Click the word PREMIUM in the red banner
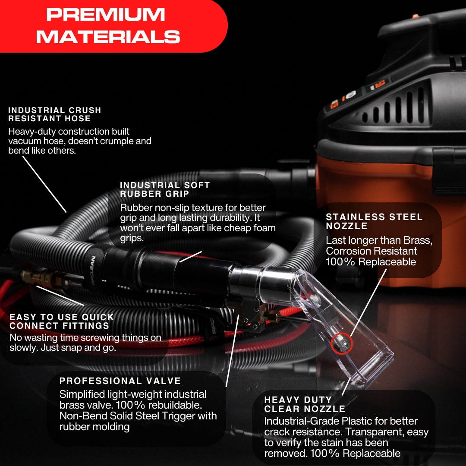(106, 14)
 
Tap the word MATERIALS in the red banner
(108, 37)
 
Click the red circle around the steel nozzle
(342, 343)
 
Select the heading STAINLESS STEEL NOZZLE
(374, 221)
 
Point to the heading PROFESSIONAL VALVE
(120, 381)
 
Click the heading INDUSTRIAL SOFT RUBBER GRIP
(165, 189)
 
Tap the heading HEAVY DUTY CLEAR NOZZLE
(305, 404)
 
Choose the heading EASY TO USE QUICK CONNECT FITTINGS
(62, 321)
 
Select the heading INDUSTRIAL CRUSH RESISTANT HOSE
(55, 114)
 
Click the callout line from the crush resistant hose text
(44, 184)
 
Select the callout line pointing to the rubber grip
(191, 257)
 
